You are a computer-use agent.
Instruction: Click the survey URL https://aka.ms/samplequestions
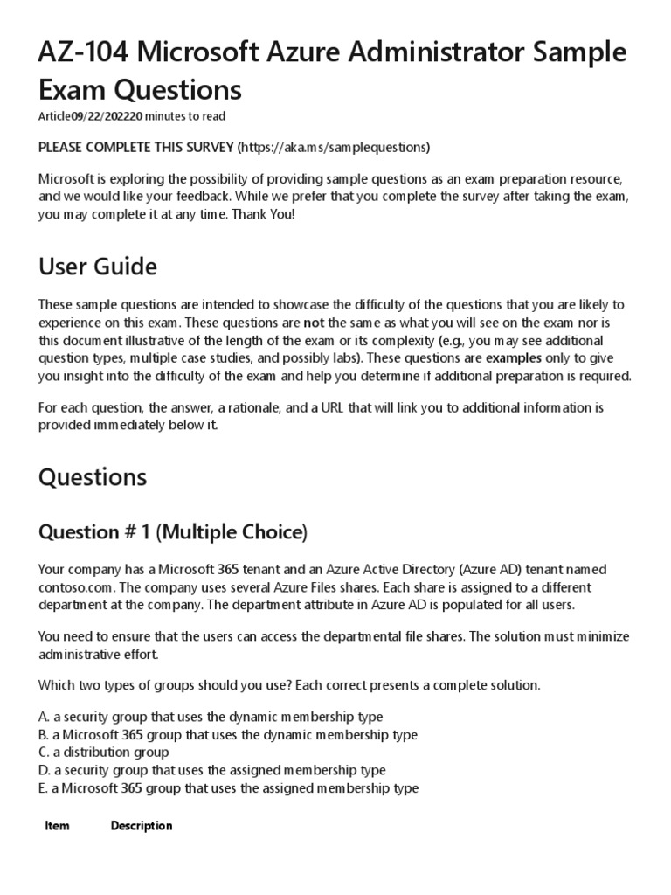click(x=337, y=146)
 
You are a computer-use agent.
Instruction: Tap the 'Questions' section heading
click(x=93, y=477)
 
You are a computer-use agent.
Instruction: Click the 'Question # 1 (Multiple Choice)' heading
click(x=173, y=531)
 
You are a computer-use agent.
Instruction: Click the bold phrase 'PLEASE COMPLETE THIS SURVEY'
click(x=135, y=146)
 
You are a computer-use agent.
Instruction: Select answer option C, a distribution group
click(x=104, y=752)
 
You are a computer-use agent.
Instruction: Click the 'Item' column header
click(x=57, y=826)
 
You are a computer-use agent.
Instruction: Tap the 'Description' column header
click(x=142, y=826)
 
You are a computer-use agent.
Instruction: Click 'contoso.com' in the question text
click(x=72, y=587)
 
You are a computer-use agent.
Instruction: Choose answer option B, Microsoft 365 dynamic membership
click(x=228, y=734)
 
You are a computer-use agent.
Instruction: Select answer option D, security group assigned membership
click(x=212, y=770)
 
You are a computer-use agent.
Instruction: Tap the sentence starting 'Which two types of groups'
click(x=289, y=685)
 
